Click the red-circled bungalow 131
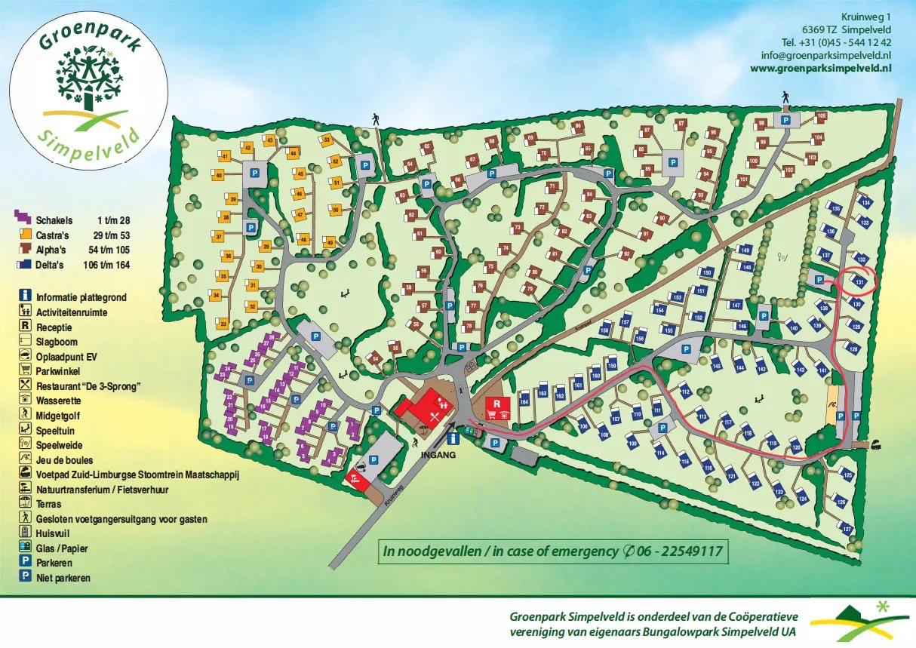859,281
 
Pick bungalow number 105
821,116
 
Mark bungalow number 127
847,529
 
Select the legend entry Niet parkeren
63,578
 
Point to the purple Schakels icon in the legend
24,220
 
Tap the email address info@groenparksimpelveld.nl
826,55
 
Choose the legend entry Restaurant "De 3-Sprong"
89,386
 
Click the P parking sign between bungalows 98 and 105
785,120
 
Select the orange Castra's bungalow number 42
246,149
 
